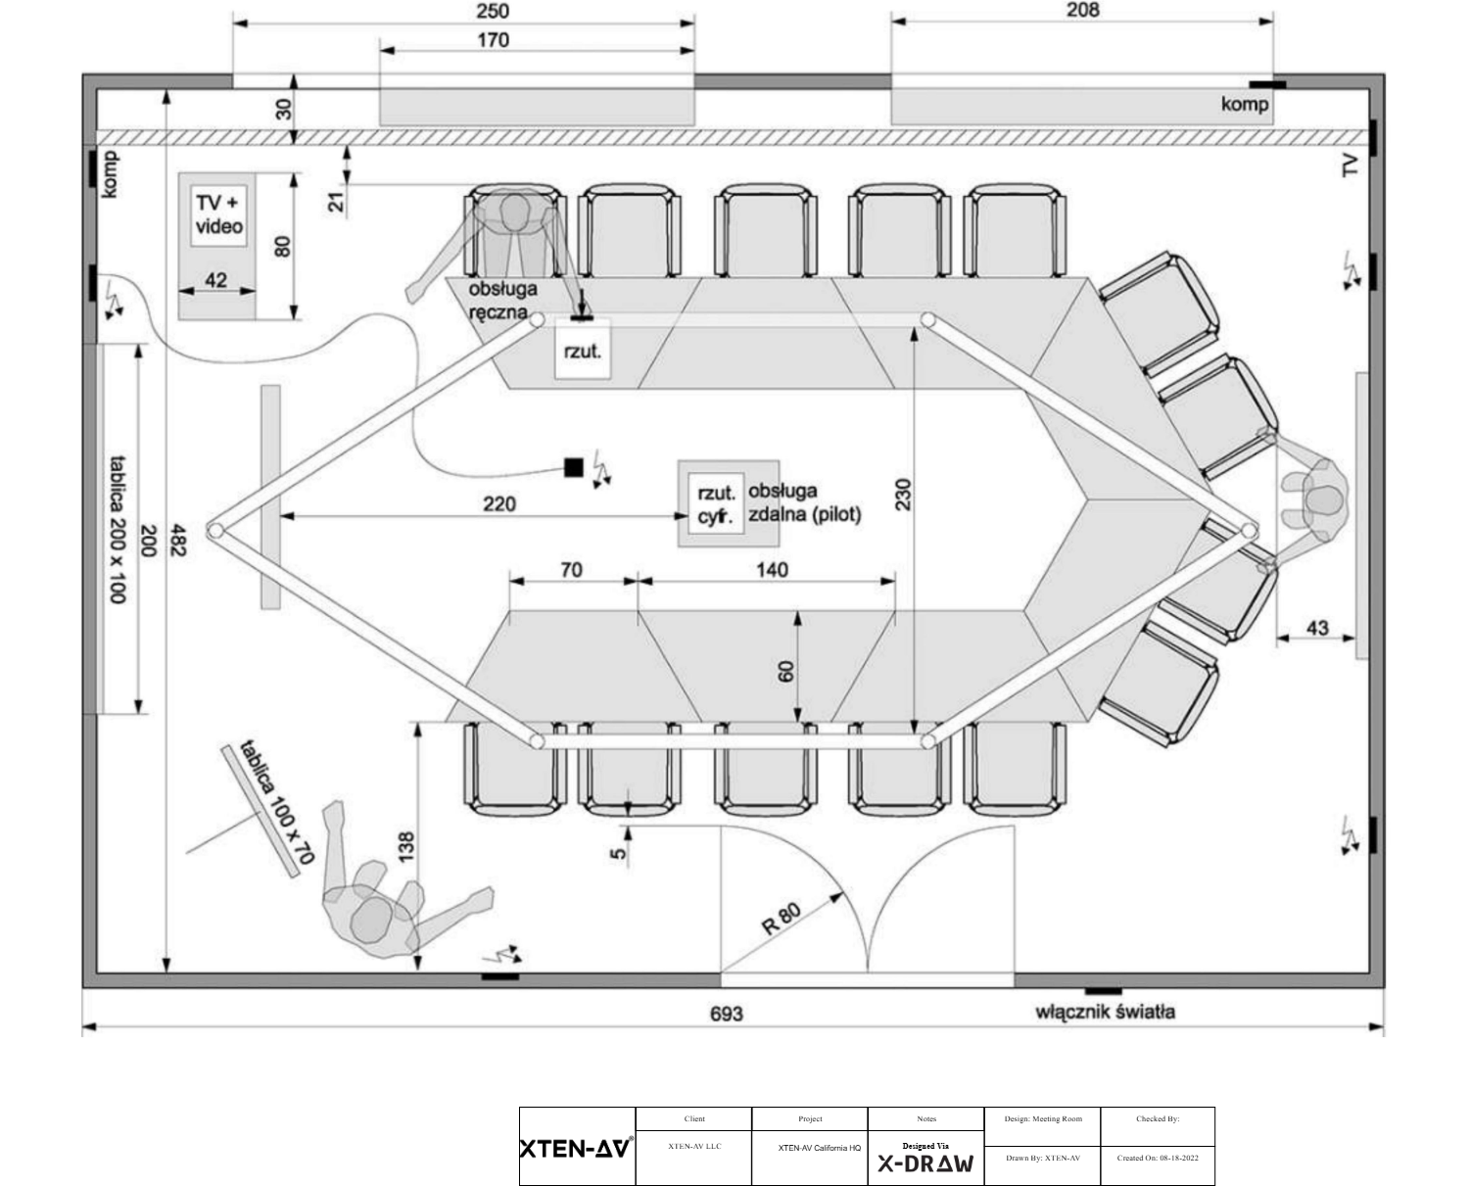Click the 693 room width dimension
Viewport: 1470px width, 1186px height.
coord(726,1013)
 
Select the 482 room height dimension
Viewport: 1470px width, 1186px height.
coord(177,533)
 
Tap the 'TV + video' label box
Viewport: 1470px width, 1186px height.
coord(218,214)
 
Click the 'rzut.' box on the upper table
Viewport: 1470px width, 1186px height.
coord(583,350)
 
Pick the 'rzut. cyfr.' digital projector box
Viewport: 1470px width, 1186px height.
coord(715,505)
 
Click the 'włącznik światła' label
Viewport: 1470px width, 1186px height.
coord(1105,1012)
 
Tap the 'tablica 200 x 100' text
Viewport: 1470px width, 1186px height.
coord(118,529)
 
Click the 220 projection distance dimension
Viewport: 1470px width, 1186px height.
coord(498,503)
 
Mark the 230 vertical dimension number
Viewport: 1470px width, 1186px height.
coord(903,495)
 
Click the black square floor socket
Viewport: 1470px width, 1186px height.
coord(573,467)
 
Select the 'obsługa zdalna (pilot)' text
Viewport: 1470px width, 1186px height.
coord(804,502)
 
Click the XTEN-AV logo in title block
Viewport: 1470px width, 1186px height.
coord(576,1147)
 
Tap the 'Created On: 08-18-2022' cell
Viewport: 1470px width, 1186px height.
coord(1157,1158)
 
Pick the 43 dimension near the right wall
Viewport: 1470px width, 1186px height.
coord(1317,628)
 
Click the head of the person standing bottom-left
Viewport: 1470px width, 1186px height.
coord(372,922)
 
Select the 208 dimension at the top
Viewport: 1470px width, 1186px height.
coord(1081,10)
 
